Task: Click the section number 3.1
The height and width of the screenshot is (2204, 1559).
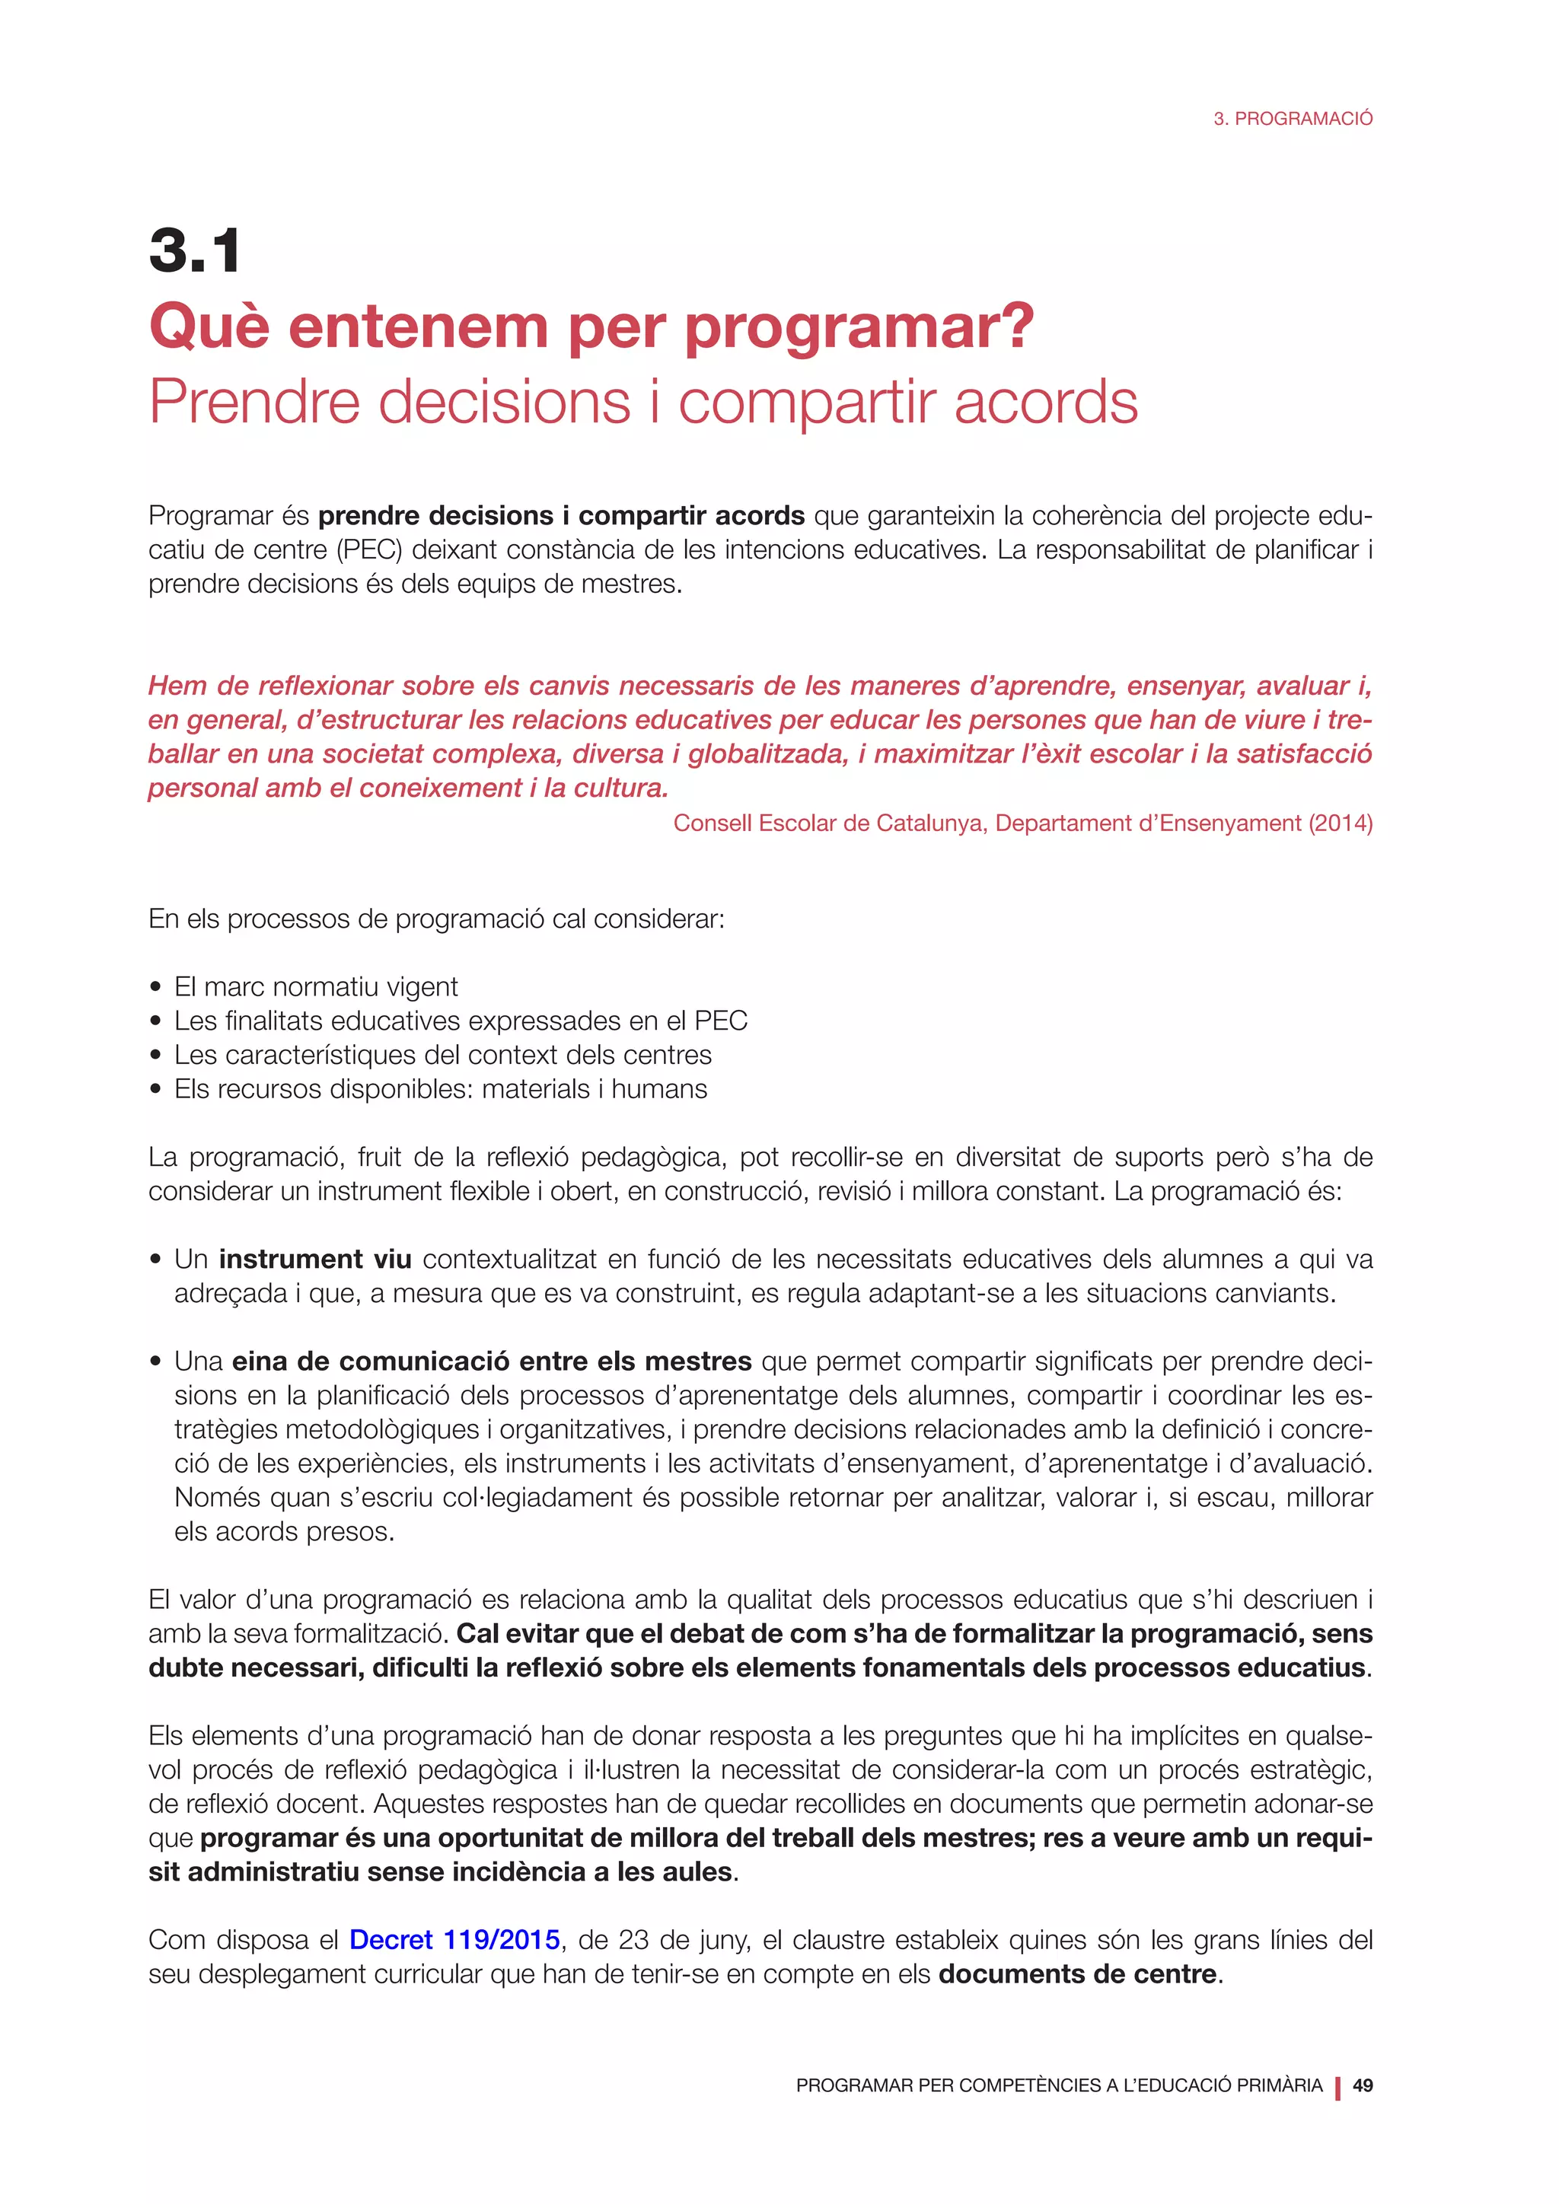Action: (x=195, y=251)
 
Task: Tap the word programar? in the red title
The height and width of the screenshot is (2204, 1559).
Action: (x=859, y=327)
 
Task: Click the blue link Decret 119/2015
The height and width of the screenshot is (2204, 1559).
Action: (x=454, y=1940)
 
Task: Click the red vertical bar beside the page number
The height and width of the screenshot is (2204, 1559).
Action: (x=1337, y=2087)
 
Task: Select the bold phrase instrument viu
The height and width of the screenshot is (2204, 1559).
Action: (x=315, y=1260)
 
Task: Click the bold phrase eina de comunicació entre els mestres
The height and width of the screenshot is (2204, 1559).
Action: (x=492, y=1362)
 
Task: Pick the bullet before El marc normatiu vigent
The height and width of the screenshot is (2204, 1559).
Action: (x=155, y=988)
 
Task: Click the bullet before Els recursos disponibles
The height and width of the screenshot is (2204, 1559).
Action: (x=155, y=1090)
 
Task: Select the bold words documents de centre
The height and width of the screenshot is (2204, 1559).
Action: (x=1077, y=1975)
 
